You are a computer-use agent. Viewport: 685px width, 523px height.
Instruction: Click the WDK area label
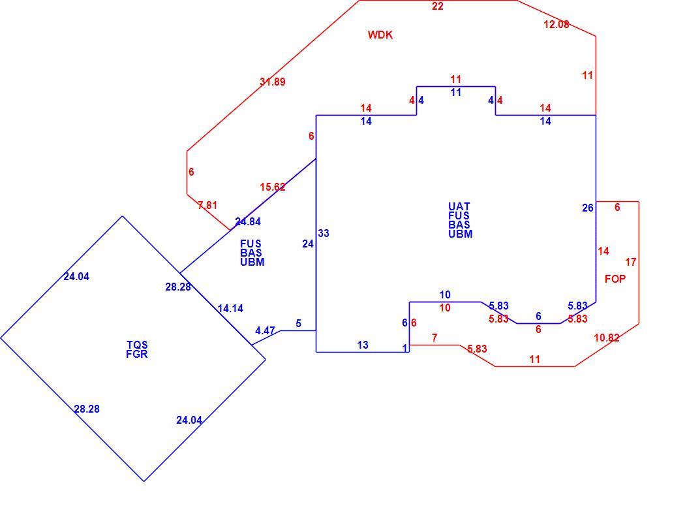pyautogui.click(x=380, y=35)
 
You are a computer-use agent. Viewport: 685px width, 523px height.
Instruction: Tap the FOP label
pyautogui.click(x=615, y=279)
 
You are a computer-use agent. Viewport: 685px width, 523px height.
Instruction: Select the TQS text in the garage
pyautogui.click(x=137, y=345)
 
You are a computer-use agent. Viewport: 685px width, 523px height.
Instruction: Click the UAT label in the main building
pyautogui.click(x=459, y=206)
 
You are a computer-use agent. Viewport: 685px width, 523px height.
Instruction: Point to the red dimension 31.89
pyautogui.click(x=273, y=82)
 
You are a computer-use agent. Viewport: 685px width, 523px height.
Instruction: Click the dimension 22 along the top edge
pyautogui.click(x=437, y=6)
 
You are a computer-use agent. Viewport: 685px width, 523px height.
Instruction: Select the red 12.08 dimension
pyautogui.click(x=556, y=25)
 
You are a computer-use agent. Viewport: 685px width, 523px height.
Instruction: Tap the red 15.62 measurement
pyautogui.click(x=273, y=187)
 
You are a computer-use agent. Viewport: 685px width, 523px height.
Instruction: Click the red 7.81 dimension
pyautogui.click(x=207, y=205)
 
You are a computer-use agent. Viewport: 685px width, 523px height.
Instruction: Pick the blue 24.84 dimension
pyautogui.click(x=248, y=222)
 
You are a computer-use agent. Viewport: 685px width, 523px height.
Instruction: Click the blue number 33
pyautogui.click(x=324, y=234)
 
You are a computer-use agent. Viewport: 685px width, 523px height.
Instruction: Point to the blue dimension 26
pyautogui.click(x=588, y=208)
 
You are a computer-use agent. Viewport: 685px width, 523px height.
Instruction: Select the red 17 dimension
pyautogui.click(x=630, y=262)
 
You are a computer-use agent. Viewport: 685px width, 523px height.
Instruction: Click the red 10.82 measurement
pyautogui.click(x=607, y=338)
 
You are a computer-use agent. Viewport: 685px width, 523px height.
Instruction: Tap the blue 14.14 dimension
pyautogui.click(x=230, y=309)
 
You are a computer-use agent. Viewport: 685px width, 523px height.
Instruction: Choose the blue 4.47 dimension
pyautogui.click(x=265, y=331)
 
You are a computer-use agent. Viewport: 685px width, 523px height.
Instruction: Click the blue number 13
pyautogui.click(x=363, y=345)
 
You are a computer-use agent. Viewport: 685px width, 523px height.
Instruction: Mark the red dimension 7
pyautogui.click(x=434, y=338)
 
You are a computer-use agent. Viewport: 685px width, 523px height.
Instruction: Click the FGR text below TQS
pyautogui.click(x=137, y=354)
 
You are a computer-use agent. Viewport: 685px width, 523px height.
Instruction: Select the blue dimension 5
pyautogui.click(x=298, y=324)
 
